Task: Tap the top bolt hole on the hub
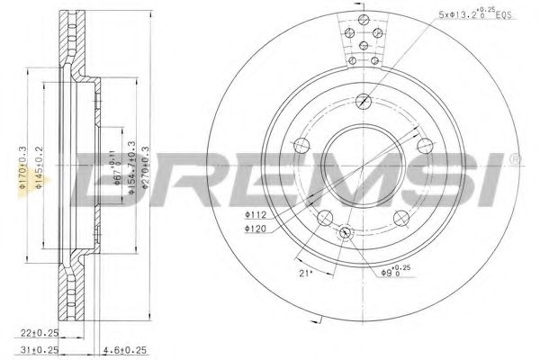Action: coord(362,101)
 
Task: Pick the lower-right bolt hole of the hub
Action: coord(399,214)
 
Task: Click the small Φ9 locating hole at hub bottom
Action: coord(346,230)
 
